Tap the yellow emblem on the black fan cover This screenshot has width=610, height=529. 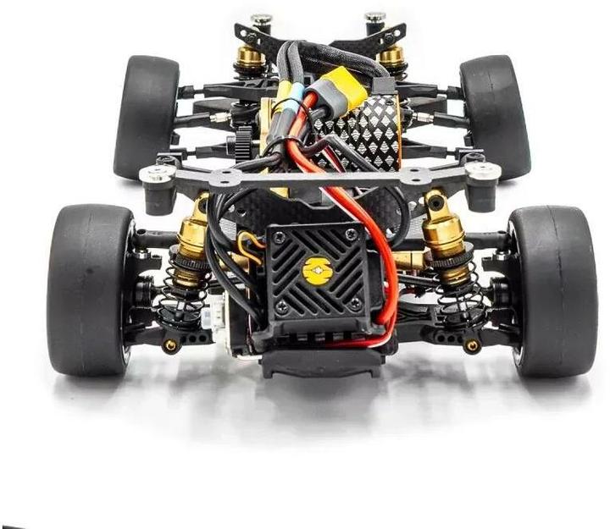[x=317, y=271]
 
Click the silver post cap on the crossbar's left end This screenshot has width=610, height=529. [x=158, y=174]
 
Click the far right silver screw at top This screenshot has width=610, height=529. [x=374, y=17]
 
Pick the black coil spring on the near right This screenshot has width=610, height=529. [x=452, y=284]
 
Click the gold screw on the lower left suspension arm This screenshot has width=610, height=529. [x=170, y=346]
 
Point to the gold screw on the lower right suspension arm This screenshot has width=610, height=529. [x=472, y=345]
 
